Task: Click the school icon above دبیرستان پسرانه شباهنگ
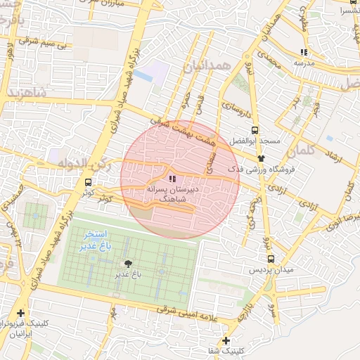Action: click(173, 179)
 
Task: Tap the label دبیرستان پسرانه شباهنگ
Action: click(172, 195)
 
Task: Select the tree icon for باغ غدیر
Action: click(127, 264)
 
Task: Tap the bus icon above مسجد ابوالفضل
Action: click(254, 130)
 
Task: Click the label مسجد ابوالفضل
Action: click(254, 141)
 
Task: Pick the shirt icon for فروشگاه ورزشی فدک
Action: click(262, 158)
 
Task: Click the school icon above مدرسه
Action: click(304, 52)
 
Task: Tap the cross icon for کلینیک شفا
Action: click(225, 340)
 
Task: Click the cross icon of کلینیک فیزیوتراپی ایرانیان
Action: click(21, 313)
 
